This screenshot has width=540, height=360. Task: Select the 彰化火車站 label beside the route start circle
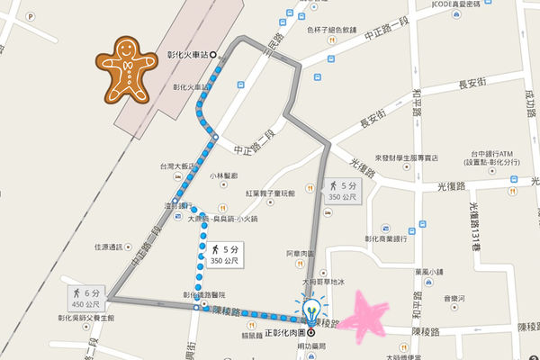[x=187, y=54]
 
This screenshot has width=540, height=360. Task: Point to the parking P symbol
[x=8, y=15]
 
